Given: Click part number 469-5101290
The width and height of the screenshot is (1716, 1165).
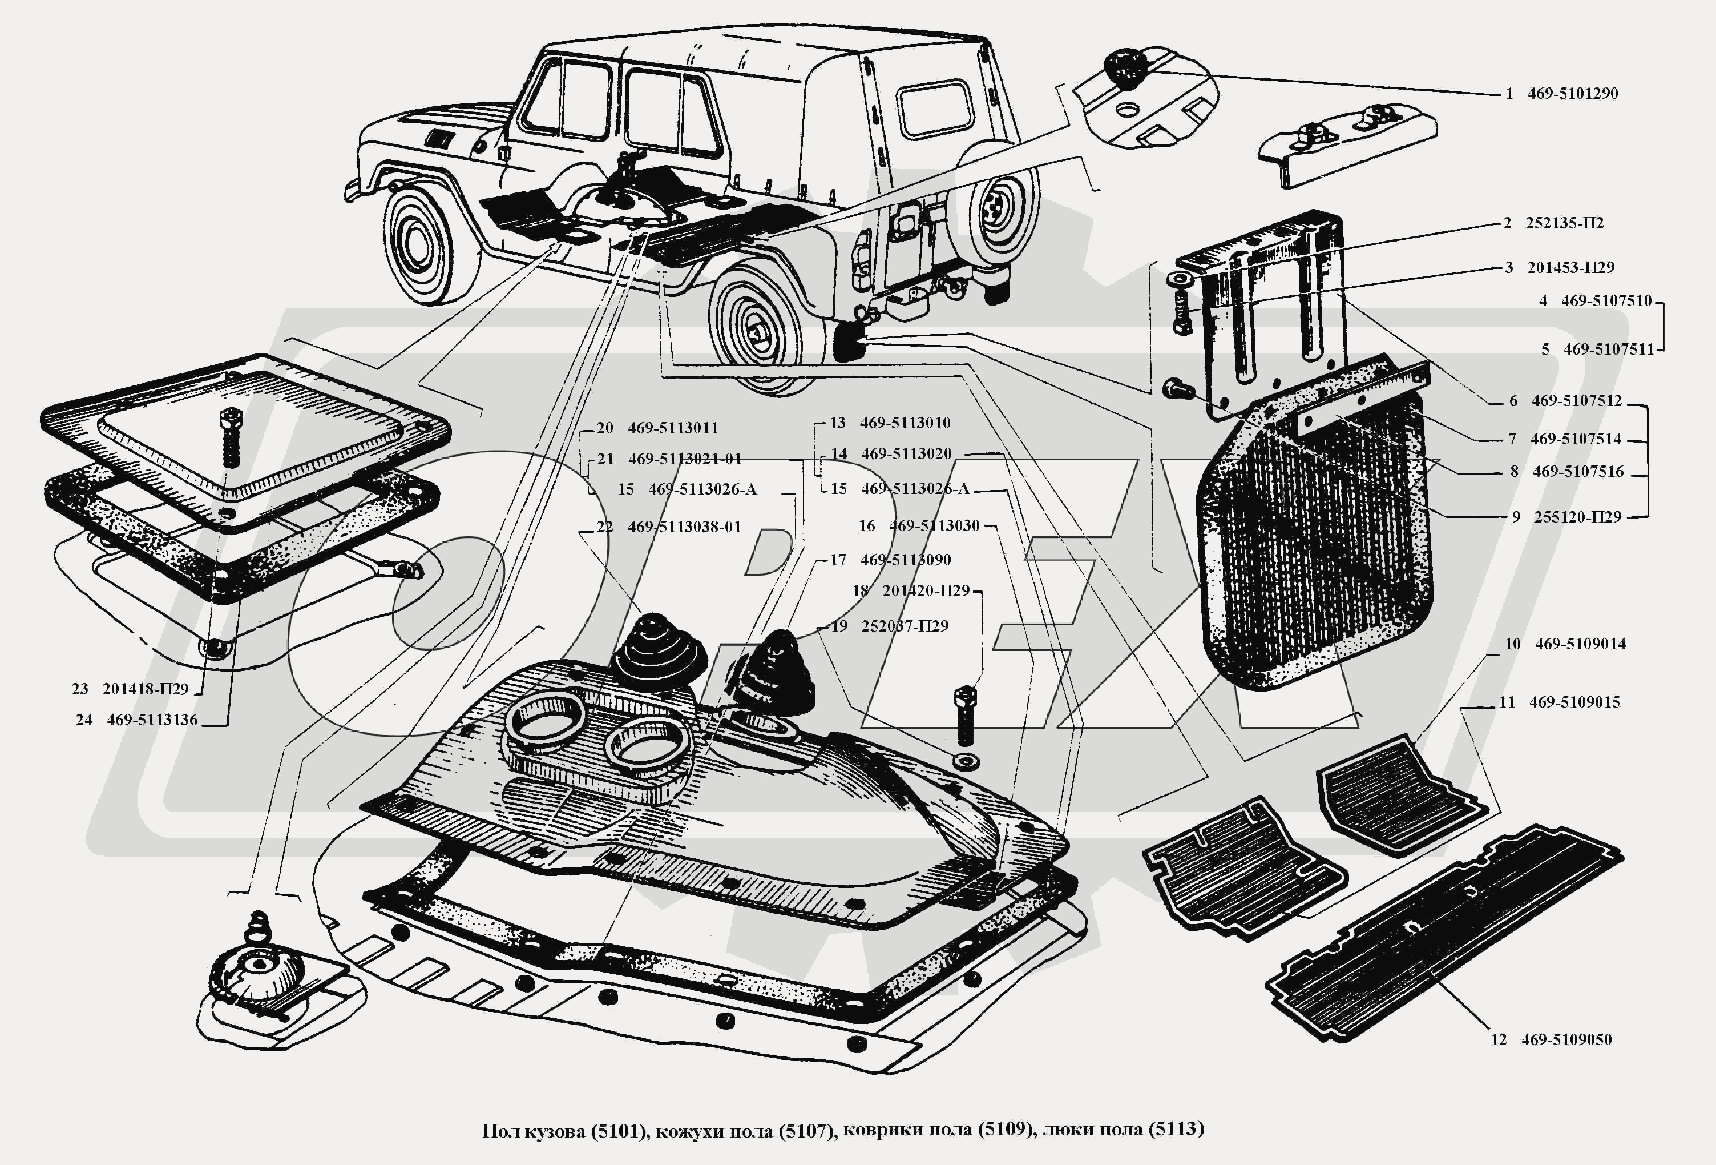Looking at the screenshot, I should pyautogui.click(x=1572, y=94).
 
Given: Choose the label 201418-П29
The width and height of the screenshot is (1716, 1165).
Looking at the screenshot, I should pyautogui.click(x=146, y=689).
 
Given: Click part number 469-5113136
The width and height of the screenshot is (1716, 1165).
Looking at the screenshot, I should pyautogui.click(x=152, y=720).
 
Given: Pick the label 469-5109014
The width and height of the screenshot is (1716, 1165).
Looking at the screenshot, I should pyautogui.click(x=1580, y=644).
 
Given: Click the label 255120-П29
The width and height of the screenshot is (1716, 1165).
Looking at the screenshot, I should pyautogui.click(x=1577, y=517).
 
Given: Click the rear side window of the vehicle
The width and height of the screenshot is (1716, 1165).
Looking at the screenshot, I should pyautogui.click(x=934, y=109).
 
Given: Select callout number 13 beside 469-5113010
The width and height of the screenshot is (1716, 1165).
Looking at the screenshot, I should pyautogui.click(x=837, y=423).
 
